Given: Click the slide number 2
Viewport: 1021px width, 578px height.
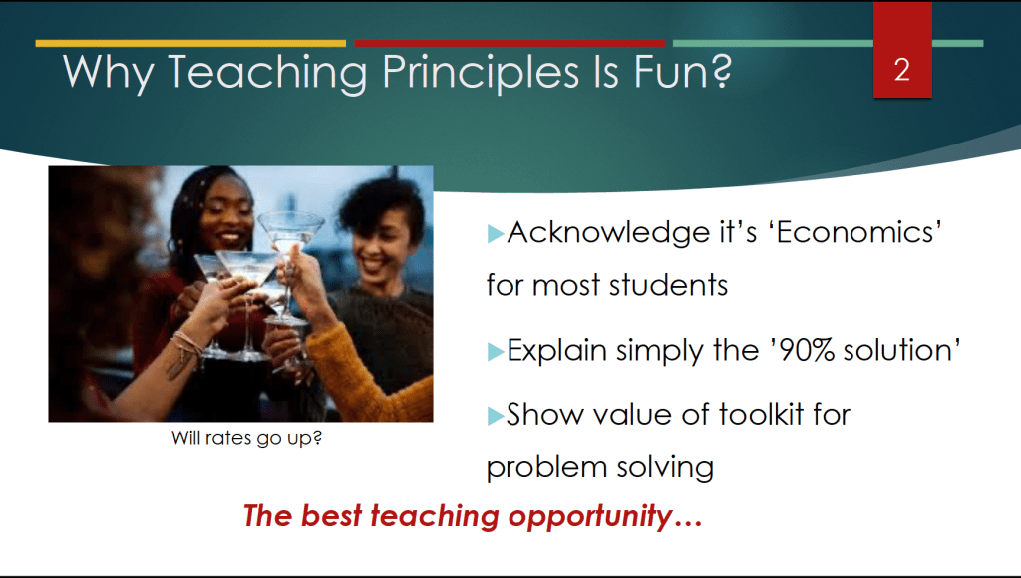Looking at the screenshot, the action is tap(901, 70).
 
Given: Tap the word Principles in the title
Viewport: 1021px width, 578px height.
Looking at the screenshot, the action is tap(481, 72).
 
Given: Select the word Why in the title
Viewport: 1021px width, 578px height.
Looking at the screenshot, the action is tap(108, 73).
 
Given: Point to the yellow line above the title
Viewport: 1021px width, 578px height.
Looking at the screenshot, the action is tap(190, 44).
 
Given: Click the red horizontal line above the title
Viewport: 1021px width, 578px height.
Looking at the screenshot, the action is tap(510, 44).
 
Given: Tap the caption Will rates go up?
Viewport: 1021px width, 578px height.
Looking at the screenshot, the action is tap(247, 438).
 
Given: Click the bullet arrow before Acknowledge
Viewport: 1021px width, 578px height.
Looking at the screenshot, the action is tap(496, 233).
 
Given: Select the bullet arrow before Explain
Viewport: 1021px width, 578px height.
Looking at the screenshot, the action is tap(496, 352).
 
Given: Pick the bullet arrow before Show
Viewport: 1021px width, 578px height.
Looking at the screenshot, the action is tap(496, 416).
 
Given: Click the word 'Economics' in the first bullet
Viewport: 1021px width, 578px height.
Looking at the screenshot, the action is tap(859, 232).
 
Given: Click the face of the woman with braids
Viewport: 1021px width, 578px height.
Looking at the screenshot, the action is tap(225, 218).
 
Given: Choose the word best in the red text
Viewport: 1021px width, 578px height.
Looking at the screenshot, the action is tap(331, 516).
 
